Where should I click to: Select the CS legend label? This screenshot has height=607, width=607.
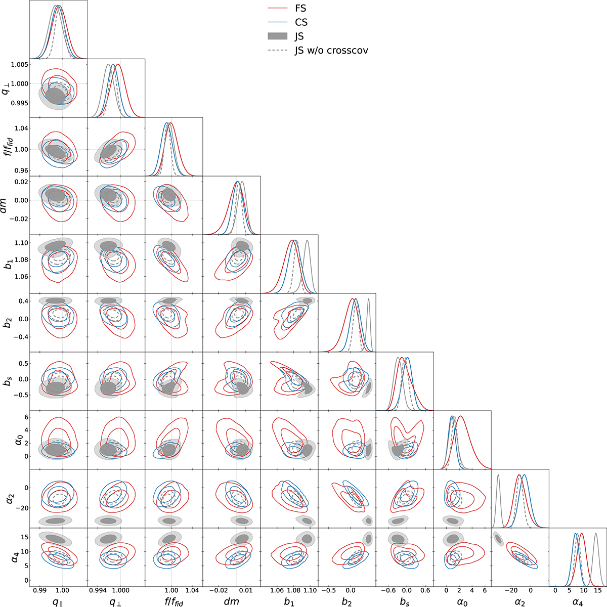300,22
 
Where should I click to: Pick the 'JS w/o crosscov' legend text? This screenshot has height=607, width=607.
332,51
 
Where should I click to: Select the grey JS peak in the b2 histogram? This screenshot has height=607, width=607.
368,299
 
